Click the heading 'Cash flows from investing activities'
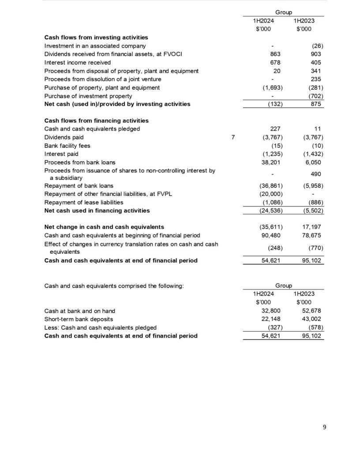(96, 38)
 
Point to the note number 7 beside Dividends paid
(233, 137)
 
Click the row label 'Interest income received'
(78, 62)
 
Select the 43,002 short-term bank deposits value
(313, 319)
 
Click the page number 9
(325, 427)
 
